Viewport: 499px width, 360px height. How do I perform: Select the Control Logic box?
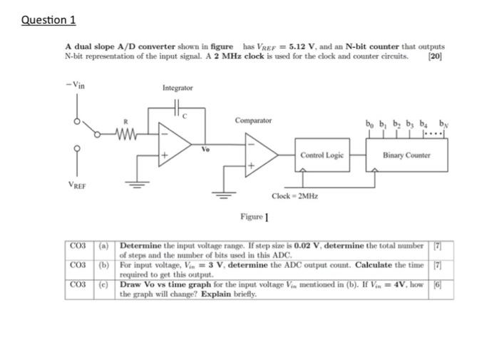point(321,155)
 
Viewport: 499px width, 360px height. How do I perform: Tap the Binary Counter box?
point(406,155)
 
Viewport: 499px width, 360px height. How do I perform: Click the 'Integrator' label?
point(178,88)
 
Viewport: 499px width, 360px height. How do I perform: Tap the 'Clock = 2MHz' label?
point(294,195)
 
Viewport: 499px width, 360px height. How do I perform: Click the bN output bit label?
point(445,122)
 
